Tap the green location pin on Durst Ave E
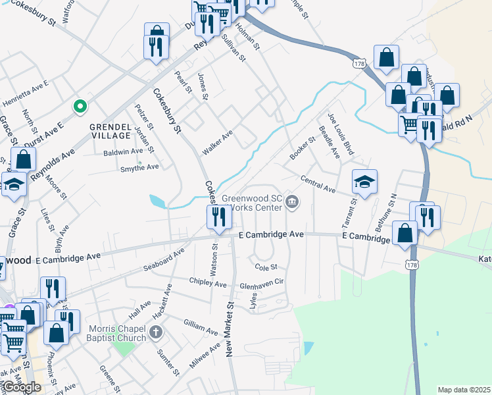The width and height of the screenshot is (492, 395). [x=80, y=105]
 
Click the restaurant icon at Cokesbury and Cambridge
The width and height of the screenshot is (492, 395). [x=218, y=216]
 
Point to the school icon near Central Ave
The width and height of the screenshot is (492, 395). [x=364, y=182]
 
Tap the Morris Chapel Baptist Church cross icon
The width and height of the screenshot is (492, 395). [x=156, y=330]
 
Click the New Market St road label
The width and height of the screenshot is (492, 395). [x=231, y=329]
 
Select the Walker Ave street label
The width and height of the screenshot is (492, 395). [x=218, y=142]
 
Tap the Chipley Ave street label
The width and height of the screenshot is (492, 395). [x=207, y=284]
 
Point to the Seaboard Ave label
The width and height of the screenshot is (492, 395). [x=164, y=262]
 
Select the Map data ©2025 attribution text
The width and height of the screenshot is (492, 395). [x=464, y=390]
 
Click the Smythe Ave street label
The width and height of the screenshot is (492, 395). [x=139, y=168]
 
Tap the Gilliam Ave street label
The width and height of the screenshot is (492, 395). [x=201, y=327]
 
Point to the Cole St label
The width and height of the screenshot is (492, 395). [x=266, y=267]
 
